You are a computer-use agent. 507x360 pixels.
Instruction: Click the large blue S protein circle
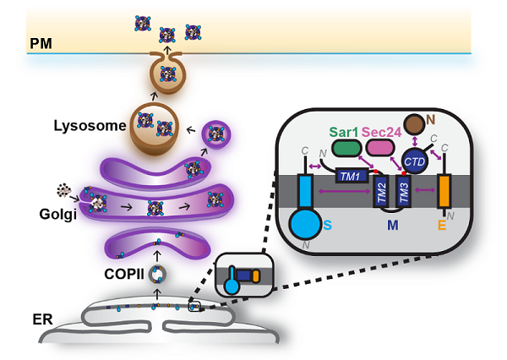302,226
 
